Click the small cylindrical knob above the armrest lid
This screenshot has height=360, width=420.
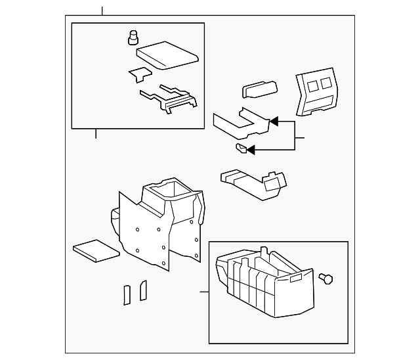click(134, 37)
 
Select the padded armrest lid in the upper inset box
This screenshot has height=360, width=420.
click(168, 55)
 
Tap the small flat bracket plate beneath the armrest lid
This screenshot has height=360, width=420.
click(139, 74)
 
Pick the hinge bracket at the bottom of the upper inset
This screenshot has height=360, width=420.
click(169, 99)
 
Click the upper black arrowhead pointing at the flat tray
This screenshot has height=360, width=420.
click(273, 122)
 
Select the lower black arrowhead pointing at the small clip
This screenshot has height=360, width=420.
click(251, 149)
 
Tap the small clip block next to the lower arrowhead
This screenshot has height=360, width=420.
click(241, 148)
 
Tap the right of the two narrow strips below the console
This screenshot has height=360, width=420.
click(143, 290)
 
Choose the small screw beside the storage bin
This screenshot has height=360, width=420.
click(325, 279)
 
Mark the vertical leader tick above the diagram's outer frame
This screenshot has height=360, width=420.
click(102, 11)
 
